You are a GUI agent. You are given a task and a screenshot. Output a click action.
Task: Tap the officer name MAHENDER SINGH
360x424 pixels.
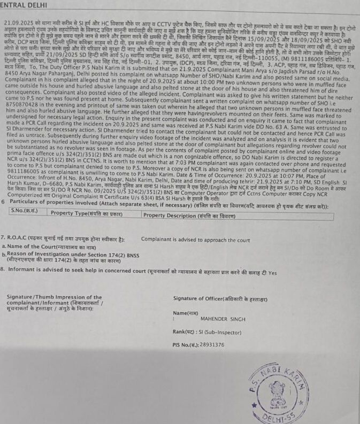tap(223, 319)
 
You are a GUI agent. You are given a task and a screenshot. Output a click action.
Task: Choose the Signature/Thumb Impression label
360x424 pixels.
tap(53, 297)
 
